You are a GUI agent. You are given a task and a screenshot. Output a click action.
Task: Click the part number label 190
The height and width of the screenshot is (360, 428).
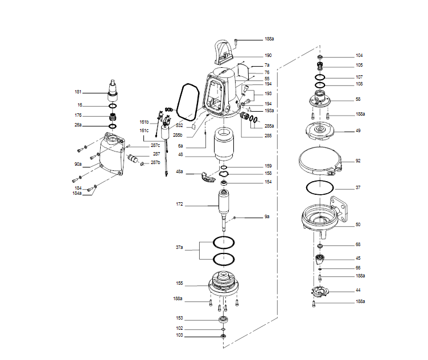(x=267, y=55)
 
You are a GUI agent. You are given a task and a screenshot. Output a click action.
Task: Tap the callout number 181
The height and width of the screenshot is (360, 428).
(x=78, y=92)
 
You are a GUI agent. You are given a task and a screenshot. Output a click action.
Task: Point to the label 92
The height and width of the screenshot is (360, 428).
(x=358, y=161)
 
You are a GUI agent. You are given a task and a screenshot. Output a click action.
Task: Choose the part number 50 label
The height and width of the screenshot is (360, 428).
(x=358, y=224)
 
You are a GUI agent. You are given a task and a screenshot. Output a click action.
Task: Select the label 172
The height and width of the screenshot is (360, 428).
(x=180, y=203)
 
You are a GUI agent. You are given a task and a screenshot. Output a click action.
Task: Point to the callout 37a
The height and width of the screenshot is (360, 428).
(x=179, y=248)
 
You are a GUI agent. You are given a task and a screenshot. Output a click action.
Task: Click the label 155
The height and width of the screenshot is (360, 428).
(x=179, y=283)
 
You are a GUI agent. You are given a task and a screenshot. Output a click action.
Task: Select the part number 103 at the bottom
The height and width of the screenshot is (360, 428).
(x=179, y=336)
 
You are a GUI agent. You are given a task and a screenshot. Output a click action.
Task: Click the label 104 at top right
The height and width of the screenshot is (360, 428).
(x=359, y=56)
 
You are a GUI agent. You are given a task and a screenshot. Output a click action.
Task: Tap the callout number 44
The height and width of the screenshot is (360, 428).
(x=358, y=291)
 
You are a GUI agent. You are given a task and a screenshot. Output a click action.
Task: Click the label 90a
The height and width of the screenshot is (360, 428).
(x=78, y=164)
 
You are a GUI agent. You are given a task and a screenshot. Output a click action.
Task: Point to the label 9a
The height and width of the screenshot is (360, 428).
(x=267, y=217)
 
